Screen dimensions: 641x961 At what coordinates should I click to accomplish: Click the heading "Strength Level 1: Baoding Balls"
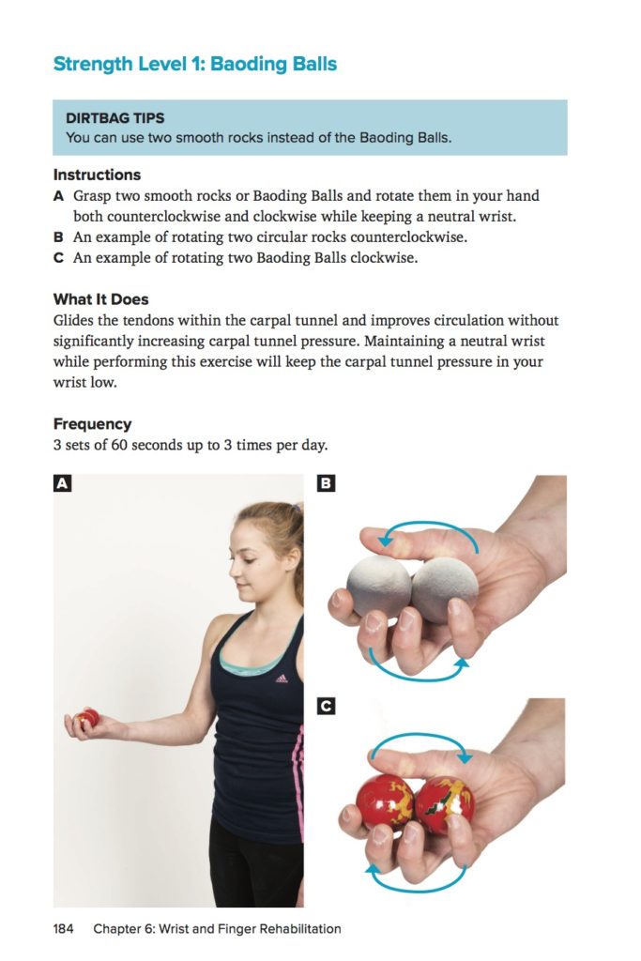(x=195, y=65)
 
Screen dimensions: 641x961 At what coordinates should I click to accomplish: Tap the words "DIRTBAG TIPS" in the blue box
(x=115, y=117)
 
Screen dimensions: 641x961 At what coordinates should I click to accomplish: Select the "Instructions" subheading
(x=97, y=175)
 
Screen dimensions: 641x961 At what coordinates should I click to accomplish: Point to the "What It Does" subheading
(x=101, y=299)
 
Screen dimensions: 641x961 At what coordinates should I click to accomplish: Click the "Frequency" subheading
(x=93, y=424)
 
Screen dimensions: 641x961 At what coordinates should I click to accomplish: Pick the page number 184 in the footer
(x=63, y=928)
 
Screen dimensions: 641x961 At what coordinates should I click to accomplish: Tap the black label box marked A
(x=63, y=483)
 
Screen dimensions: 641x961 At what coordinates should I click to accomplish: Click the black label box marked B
(x=326, y=483)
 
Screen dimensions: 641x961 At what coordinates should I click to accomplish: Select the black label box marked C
(x=326, y=707)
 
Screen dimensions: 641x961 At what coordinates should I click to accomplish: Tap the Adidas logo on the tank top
(x=282, y=678)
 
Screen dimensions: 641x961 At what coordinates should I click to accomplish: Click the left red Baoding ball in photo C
(x=386, y=801)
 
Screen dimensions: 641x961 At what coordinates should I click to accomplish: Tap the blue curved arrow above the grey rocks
(x=429, y=523)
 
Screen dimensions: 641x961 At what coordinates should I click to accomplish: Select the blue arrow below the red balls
(x=417, y=890)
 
